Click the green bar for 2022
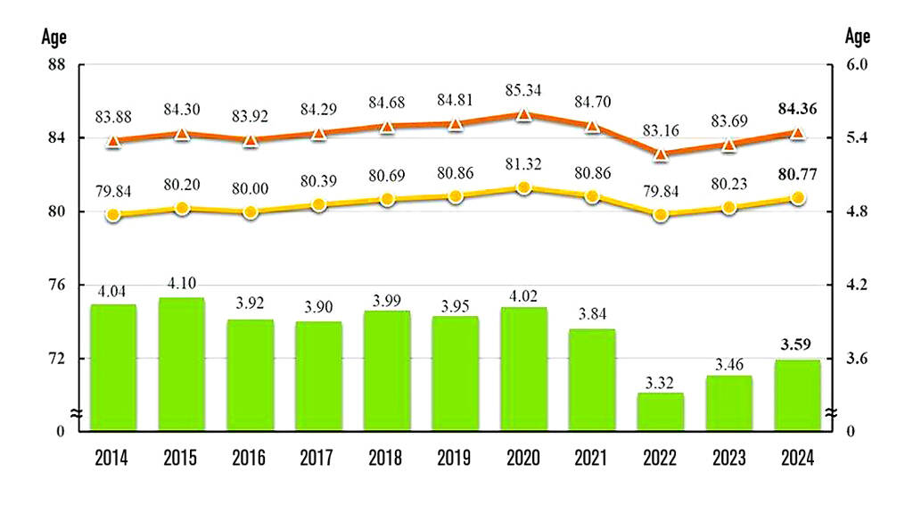point(661,411)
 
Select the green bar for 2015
point(182,364)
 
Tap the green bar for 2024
point(797,394)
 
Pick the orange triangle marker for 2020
point(524,114)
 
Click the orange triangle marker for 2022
point(661,153)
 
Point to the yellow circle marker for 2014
point(113,214)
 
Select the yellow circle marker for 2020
point(524,188)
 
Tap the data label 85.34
point(523,90)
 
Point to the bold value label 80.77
point(797,173)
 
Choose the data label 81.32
point(523,164)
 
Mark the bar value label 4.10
point(182,285)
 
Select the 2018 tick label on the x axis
point(387,459)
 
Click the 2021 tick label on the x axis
point(592,459)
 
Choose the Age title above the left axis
point(53,37)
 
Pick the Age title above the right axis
point(857,37)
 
